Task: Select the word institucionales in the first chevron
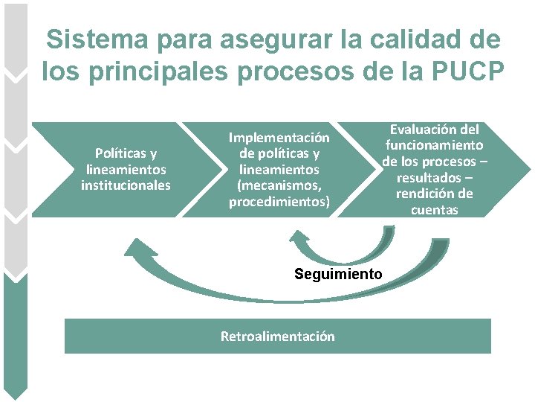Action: pyautogui.click(x=126, y=185)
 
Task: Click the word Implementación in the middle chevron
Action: pyautogui.click(x=279, y=138)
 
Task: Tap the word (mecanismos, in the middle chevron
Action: pyautogui.click(x=279, y=185)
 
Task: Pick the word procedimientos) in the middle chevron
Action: pyautogui.click(x=279, y=201)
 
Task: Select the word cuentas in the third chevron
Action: pyautogui.click(x=434, y=210)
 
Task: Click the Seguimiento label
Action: pyautogui.click(x=338, y=274)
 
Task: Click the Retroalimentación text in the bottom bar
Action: pyautogui.click(x=278, y=336)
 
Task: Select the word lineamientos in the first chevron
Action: pyautogui.click(x=126, y=170)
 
